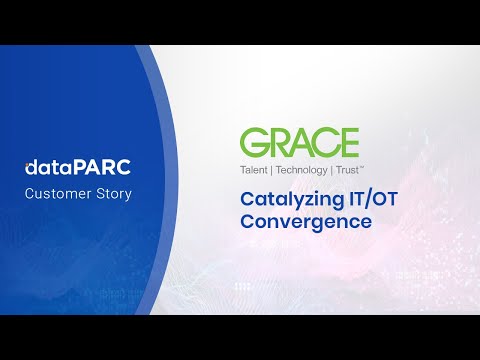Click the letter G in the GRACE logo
pos(253,142)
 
